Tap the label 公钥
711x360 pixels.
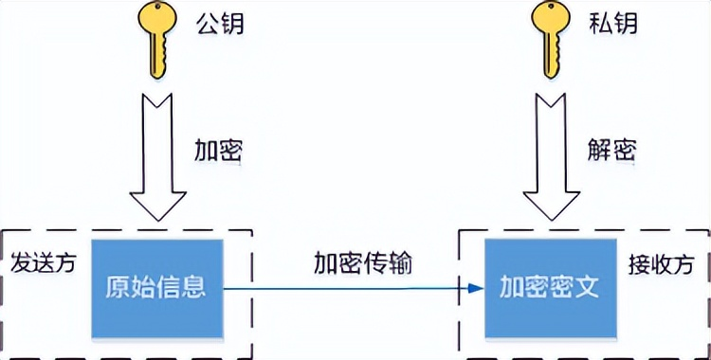coord(220,23)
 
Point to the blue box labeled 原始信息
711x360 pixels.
coord(156,288)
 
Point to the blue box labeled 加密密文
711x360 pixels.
coord(550,288)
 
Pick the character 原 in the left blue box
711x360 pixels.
coord(118,288)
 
